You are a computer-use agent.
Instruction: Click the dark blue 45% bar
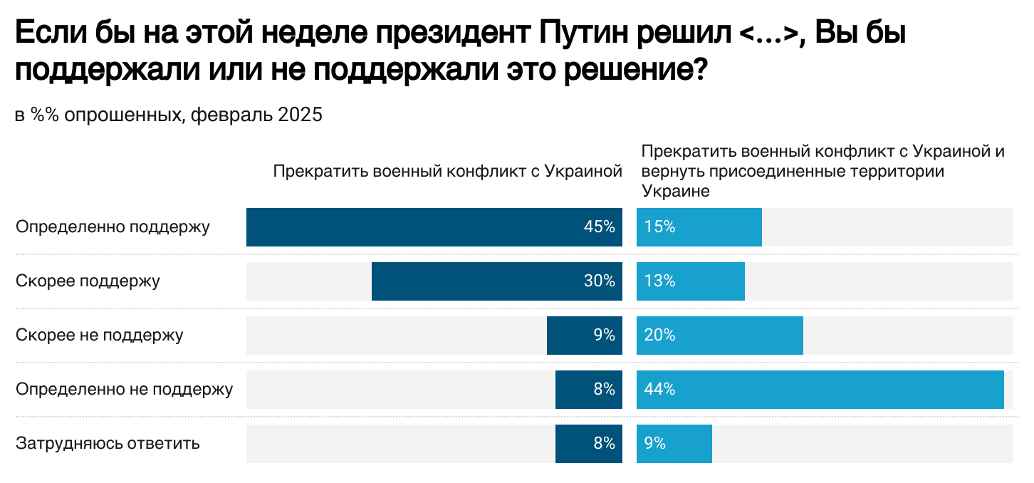pos(434,227)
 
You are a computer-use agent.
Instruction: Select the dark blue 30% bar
pos(496,281)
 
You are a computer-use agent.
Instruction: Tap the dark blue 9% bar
pos(584,336)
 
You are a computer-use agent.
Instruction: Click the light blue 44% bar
pos(820,390)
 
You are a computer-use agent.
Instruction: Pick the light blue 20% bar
pos(719,336)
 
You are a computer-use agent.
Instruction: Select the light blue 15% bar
pos(699,227)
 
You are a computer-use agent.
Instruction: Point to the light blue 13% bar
pos(690,281)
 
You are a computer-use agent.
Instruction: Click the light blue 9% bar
pos(674,444)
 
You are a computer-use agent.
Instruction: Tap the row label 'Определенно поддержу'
pos(113,227)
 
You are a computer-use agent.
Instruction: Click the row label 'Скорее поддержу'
pos(88,281)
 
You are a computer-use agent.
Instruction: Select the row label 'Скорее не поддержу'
pos(100,336)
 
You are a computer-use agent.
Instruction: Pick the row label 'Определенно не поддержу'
pos(125,390)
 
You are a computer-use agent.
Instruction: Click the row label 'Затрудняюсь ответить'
pos(108,444)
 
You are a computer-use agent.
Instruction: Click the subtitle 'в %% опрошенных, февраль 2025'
pos(169,115)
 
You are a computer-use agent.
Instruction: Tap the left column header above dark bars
pos(447,171)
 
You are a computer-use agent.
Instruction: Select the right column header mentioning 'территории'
pos(822,172)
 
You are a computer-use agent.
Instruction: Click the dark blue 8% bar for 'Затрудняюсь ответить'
pos(588,444)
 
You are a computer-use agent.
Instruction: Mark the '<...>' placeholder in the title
pos(768,33)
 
